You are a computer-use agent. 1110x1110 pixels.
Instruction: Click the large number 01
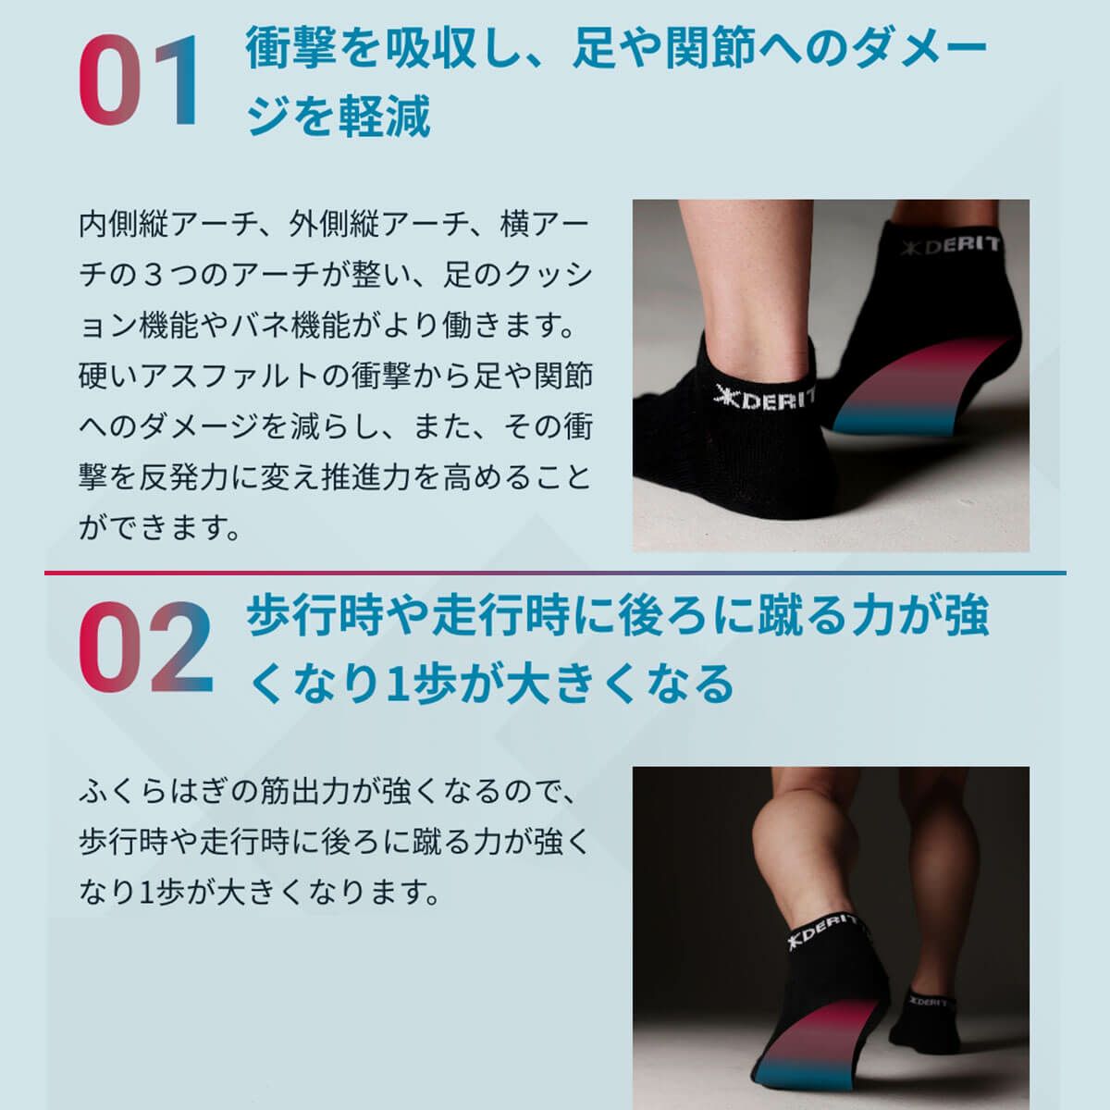141,81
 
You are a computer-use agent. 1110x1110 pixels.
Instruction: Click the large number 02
146,647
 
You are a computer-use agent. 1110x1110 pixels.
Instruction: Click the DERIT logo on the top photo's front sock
765,399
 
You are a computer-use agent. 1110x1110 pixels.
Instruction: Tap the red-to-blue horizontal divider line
555,573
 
